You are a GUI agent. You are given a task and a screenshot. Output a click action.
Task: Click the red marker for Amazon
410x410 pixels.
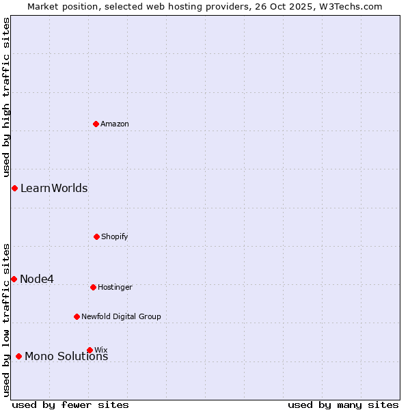(96, 124)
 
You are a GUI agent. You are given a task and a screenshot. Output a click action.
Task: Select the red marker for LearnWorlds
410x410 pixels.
(14, 188)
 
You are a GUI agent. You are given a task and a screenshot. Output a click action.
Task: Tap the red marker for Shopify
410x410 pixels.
(96, 236)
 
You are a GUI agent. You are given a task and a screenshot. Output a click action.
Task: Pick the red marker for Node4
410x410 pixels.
(14, 279)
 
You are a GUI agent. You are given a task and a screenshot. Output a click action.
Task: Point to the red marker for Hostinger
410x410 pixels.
(93, 287)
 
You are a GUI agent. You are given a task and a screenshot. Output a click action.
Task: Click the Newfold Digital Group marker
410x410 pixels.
(77, 316)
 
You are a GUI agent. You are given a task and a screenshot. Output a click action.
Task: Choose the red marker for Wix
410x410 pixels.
(90, 350)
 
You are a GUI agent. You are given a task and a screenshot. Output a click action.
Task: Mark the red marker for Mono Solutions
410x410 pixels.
(18, 356)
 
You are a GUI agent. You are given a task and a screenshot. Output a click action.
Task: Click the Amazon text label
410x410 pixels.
(115, 124)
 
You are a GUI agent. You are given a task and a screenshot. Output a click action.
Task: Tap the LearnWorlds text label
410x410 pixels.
(54, 188)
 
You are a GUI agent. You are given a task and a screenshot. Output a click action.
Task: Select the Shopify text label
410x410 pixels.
(115, 236)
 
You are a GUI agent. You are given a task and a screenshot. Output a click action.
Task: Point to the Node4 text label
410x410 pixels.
(37, 279)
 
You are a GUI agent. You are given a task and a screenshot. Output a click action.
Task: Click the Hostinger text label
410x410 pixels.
(115, 287)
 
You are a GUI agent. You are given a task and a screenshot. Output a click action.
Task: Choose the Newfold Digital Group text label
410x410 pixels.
(121, 316)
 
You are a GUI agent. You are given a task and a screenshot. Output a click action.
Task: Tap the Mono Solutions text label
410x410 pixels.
(66, 357)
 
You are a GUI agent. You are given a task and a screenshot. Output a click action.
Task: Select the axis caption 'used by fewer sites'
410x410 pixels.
(70, 405)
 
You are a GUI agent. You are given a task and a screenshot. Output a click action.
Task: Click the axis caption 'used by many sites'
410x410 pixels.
(343, 405)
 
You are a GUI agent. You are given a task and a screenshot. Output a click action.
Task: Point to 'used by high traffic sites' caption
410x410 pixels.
(6, 98)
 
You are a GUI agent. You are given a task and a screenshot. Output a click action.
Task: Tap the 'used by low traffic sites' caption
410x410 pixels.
(6, 320)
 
